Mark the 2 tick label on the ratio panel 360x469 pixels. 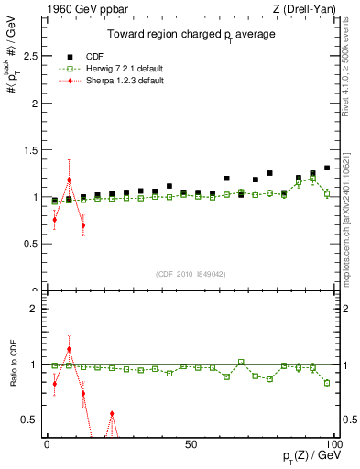click(36, 309)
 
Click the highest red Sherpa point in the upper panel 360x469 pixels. click(69, 180)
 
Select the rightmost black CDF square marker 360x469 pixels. click(327, 169)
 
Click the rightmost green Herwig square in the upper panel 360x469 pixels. click(327, 193)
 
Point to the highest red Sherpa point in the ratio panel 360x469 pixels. click(69, 349)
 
